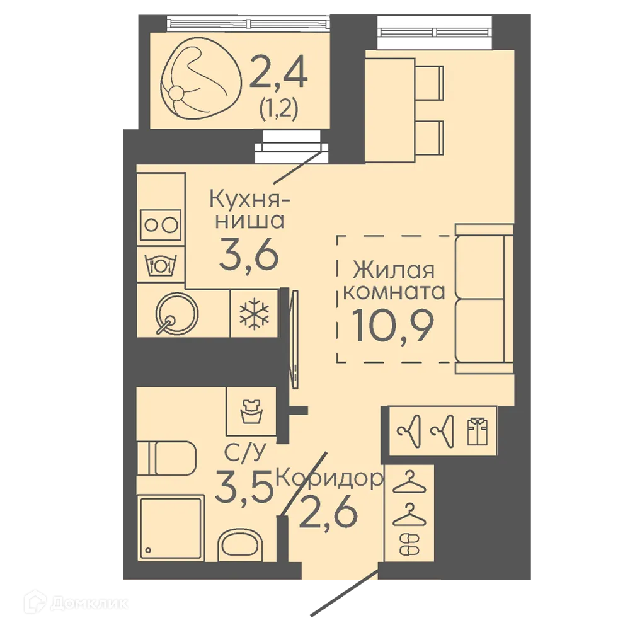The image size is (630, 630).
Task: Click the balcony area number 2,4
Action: pos(278,72)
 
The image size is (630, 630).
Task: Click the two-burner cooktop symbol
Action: pos(161,225)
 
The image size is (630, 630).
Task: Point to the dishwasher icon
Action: pos(161,265)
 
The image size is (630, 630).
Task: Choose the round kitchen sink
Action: pos(176,314)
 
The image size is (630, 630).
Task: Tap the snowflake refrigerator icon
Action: pos(254,313)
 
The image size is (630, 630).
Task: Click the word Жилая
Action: pos(394,270)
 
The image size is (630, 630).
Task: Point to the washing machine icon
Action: pos(251,411)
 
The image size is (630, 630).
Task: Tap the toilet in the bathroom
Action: pos(166,458)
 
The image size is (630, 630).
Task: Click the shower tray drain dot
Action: pos(148,550)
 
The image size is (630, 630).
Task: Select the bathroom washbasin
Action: pos(240,545)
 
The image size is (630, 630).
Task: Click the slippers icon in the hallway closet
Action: pos(409,544)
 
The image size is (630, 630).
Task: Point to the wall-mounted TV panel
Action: pos(295,340)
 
